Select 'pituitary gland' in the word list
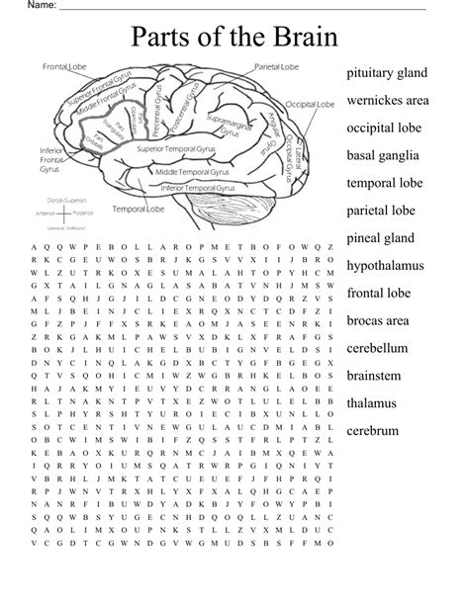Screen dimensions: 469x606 pyautogui.click(x=387, y=73)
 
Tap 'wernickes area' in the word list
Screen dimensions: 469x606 pyautogui.click(x=387, y=101)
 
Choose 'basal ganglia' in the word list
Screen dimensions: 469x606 pyautogui.click(x=382, y=155)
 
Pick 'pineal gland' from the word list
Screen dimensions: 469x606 pyautogui.click(x=380, y=238)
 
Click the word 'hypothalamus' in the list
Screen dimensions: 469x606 pyautogui.click(x=385, y=266)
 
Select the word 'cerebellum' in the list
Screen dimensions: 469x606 pyautogui.click(x=378, y=348)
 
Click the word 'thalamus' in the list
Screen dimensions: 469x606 pyautogui.click(x=371, y=403)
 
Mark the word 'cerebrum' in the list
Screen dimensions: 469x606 pyautogui.click(x=372, y=431)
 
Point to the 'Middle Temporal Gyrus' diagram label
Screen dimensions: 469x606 pyautogui.click(x=194, y=171)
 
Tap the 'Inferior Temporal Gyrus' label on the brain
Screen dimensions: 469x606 pyautogui.click(x=198, y=187)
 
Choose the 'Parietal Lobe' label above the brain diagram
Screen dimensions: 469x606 pyautogui.click(x=276, y=66)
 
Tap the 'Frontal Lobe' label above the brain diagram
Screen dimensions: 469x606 pyautogui.click(x=64, y=66)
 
